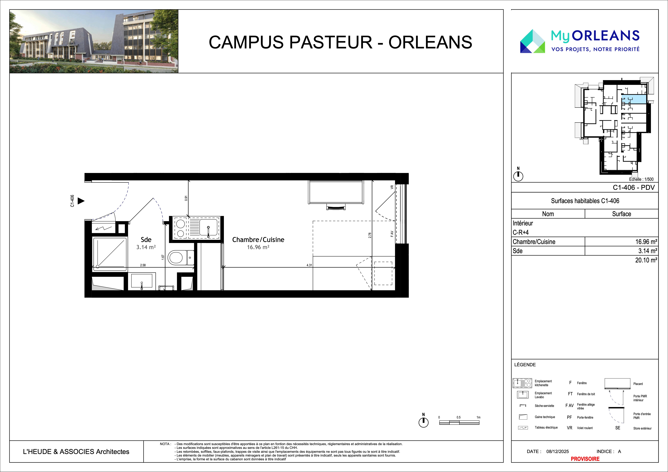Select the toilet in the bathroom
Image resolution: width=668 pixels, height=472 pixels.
181,257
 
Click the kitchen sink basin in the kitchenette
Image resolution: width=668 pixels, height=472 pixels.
208,228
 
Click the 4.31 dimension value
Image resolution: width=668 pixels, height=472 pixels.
309,265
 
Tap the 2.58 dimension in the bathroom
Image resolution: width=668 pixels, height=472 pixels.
143,265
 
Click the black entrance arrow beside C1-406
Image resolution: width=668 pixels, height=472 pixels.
81,201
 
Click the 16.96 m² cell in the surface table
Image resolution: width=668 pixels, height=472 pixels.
646,242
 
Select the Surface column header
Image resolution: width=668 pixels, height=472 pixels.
621,214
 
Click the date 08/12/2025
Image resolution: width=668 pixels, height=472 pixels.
557,451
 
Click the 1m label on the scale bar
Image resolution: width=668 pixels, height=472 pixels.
478,417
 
